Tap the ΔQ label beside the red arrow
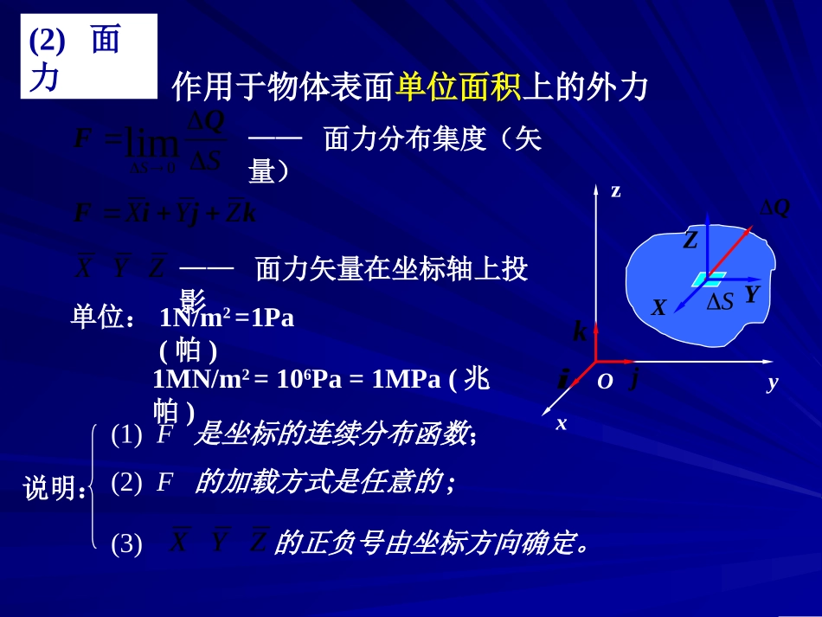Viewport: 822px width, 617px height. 774,208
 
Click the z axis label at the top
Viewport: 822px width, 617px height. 615,191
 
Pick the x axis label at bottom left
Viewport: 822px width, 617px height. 561,423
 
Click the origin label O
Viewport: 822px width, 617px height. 605,382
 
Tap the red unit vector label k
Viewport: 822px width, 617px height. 580,331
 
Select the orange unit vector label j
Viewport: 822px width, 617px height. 633,378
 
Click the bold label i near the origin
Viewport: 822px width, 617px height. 563,379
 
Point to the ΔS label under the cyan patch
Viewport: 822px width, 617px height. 720,300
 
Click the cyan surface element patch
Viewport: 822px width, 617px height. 710,279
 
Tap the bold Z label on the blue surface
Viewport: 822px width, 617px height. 690,241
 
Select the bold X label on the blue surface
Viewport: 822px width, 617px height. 659,307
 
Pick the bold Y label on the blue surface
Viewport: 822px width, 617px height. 751,294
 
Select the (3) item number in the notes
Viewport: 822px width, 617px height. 126,544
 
